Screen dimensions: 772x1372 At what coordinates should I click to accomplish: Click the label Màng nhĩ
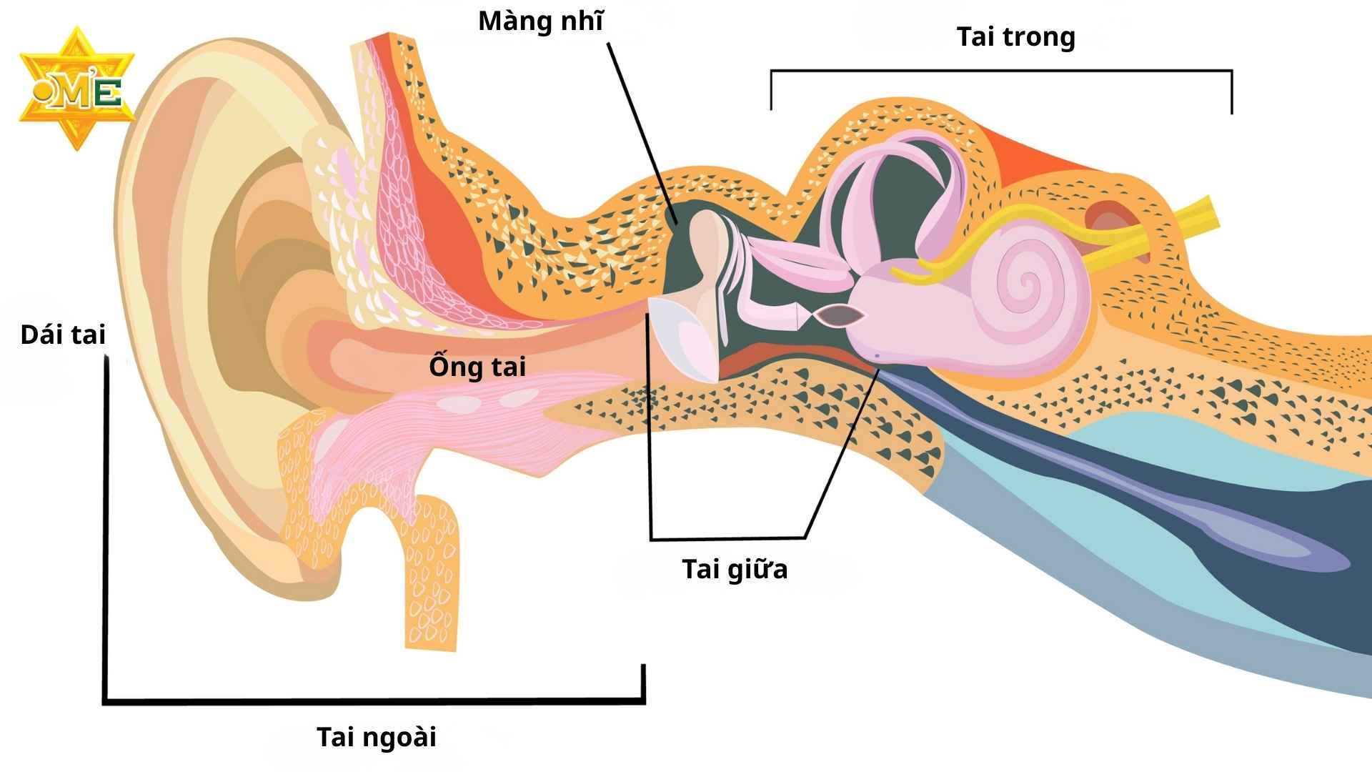pyautogui.click(x=540, y=22)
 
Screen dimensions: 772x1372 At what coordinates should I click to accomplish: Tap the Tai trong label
pyautogui.click(x=1015, y=37)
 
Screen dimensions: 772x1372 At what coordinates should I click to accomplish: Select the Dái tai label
pyautogui.click(x=63, y=335)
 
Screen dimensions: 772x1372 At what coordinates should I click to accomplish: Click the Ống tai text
pyautogui.click(x=477, y=367)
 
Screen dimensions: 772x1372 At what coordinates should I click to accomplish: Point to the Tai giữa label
pyautogui.click(x=735, y=570)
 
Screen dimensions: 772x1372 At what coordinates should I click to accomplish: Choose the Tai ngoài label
pyautogui.click(x=377, y=737)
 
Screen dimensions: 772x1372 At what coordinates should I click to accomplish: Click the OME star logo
pyautogui.click(x=76, y=89)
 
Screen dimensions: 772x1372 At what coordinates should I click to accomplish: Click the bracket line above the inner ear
pyautogui.click(x=1000, y=71)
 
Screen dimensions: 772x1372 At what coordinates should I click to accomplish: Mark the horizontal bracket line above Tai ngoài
pyautogui.click(x=372, y=701)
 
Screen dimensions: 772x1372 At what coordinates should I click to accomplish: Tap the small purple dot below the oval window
pyautogui.click(x=877, y=355)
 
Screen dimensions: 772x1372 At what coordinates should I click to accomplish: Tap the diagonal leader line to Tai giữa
pyautogui.click(x=843, y=450)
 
